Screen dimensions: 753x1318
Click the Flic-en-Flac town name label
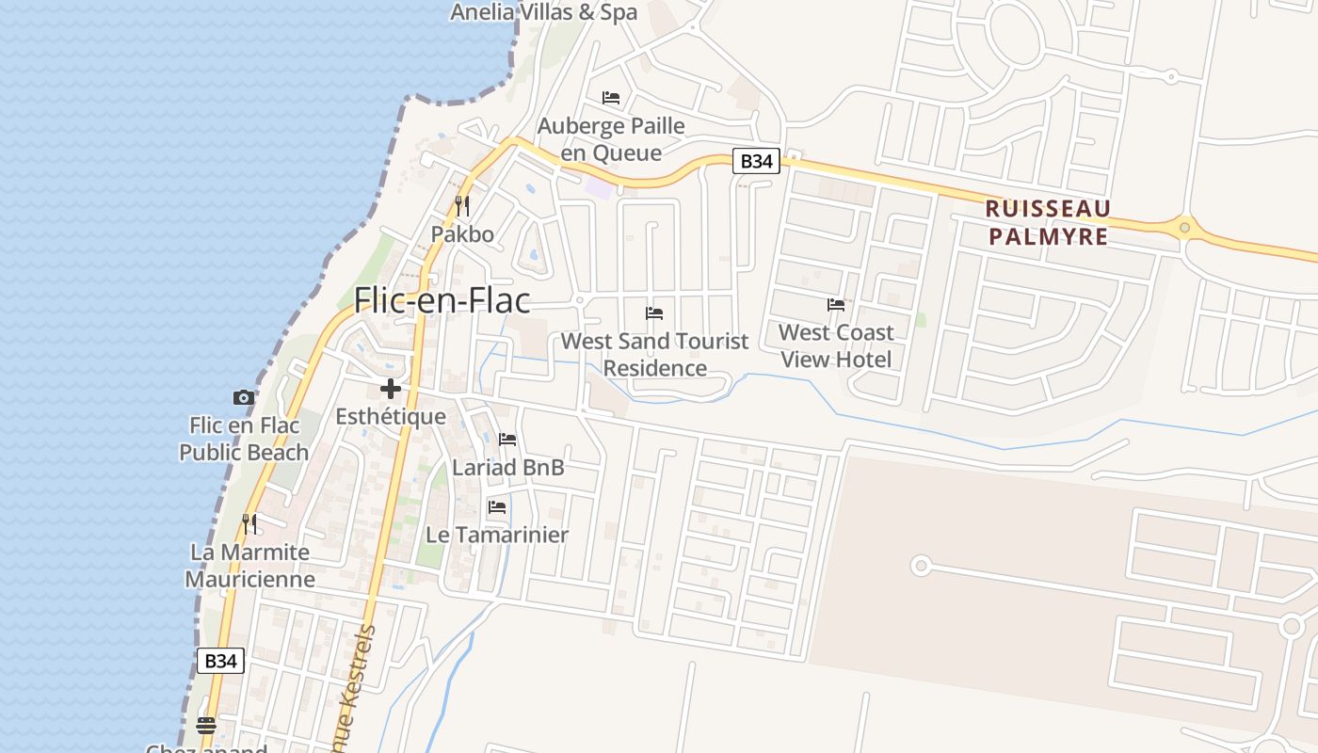point(442,300)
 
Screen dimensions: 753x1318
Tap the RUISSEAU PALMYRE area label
point(1049,222)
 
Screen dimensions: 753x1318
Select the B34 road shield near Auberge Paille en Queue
point(756,161)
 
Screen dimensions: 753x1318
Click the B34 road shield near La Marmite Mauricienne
point(220,661)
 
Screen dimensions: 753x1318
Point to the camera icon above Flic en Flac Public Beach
point(244,397)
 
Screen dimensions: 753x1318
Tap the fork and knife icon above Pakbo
point(461,205)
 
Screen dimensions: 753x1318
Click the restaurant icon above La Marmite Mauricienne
point(249,523)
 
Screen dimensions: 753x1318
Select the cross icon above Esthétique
point(391,388)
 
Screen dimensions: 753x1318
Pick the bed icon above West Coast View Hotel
point(835,304)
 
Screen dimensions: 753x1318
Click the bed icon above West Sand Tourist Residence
point(654,312)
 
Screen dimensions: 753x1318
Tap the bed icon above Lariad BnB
point(507,439)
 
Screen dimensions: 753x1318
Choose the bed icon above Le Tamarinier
point(497,506)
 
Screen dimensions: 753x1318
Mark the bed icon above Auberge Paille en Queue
point(611,97)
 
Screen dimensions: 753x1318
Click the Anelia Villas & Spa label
point(543,12)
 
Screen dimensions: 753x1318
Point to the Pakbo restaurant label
point(462,233)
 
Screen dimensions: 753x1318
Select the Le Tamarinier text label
point(497,535)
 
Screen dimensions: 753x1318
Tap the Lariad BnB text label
point(507,467)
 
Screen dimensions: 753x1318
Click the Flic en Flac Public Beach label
point(244,439)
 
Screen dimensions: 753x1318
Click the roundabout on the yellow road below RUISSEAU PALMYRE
point(1184,227)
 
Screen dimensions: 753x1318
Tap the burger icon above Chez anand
point(206,725)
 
